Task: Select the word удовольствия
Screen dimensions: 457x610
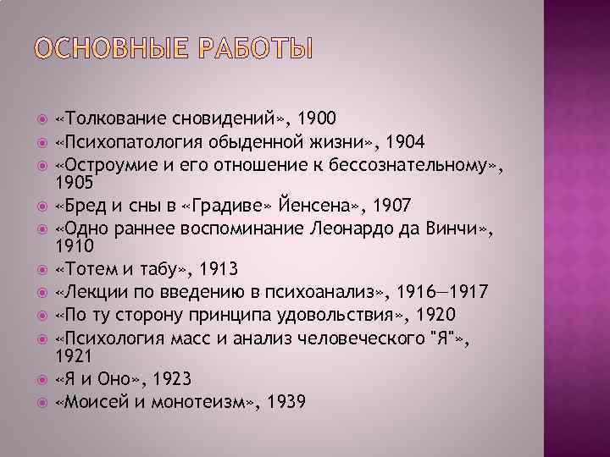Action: click(x=365, y=316)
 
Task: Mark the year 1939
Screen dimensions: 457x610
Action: click(x=286, y=403)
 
